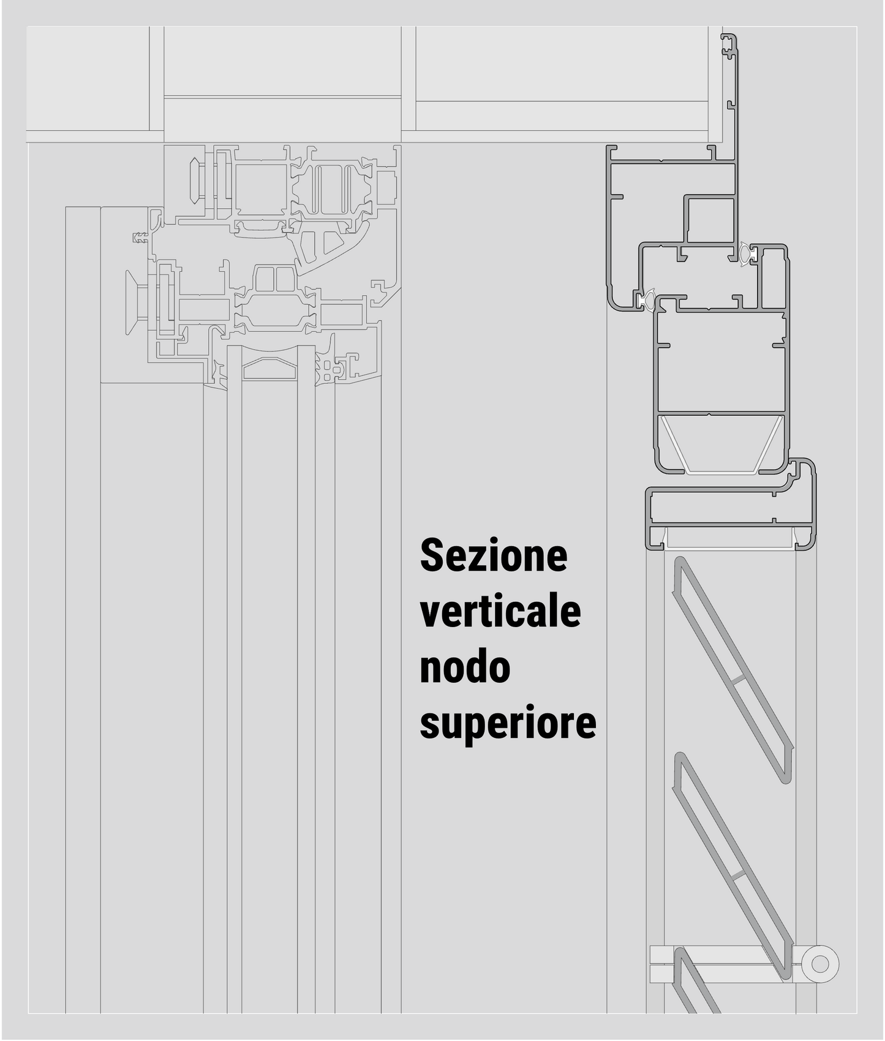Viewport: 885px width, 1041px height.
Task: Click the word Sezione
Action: coord(494,556)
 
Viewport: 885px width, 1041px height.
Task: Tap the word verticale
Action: coord(500,612)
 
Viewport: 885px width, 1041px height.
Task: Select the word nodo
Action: coord(465,667)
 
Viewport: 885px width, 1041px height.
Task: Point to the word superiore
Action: coord(508,723)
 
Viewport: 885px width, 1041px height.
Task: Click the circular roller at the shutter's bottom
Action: coord(819,963)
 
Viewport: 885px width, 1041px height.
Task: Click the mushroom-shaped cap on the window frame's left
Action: coord(132,303)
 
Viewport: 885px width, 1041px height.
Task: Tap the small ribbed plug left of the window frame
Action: coord(141,237)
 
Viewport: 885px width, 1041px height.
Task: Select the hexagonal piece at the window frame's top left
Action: coord(197,181)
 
